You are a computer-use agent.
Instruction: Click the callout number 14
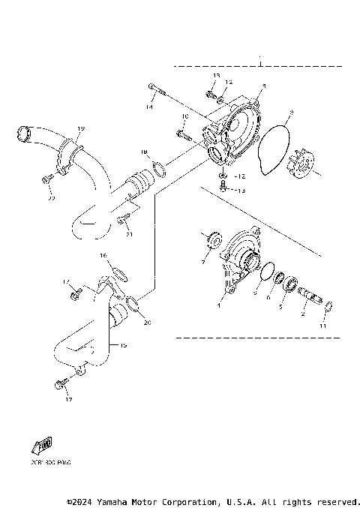pyautogui.click(x=149, y=108)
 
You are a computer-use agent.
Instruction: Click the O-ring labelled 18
pyautogui.click(x=159, y=167)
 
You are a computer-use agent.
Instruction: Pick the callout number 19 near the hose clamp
pyautogui.click(x=81, y=129)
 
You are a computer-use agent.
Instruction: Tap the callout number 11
pyautogui.click(x=323, y=328)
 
